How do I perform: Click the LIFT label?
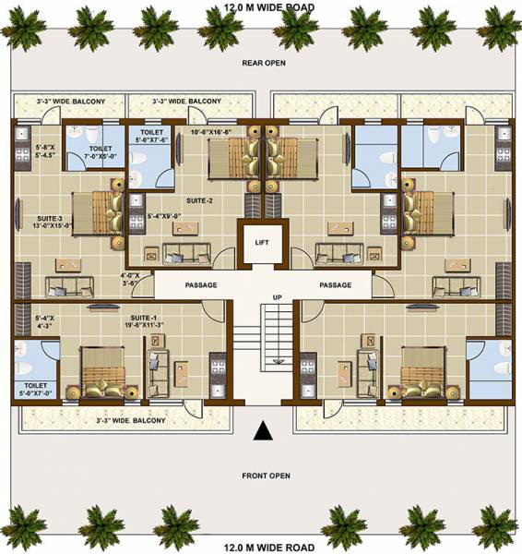tap(261, 243)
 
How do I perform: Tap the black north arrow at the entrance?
tap(262, 430)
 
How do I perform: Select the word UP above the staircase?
tap(277, 297)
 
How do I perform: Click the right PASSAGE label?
tap(336, 285)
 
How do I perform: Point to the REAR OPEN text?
tap(265, 63)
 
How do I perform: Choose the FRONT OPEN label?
tap(266, 476)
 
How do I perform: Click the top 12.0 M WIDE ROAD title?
tap(268, 6)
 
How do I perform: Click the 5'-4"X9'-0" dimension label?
tap(165, 216)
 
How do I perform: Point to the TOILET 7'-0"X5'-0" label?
tap(100, 153)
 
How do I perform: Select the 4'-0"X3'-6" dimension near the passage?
tap(130, 280)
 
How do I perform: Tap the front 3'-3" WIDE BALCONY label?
tap(131, 421)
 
